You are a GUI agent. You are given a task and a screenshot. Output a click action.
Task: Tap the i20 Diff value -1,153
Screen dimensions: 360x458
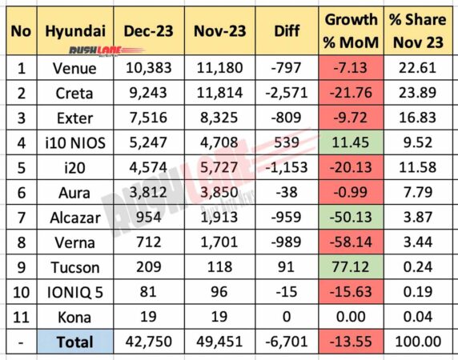click(x=287, y=182)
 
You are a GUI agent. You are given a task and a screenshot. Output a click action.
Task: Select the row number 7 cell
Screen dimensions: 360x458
click(x=18, y=236)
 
